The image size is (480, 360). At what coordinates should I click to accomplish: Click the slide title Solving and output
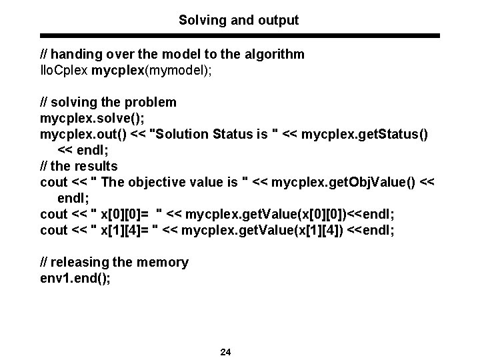pyautogui.click(x=239, y=21)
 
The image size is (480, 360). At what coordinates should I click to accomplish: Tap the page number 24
pyautogui.click(x=225, y=352)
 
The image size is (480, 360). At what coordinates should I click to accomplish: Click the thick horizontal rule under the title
pyautogui.click(x=240, y=35)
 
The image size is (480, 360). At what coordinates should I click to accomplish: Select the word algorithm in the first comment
pyautogui.click(x=276, y=54)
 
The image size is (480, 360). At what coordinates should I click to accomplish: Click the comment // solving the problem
pyautogui.click(x=109, y=102)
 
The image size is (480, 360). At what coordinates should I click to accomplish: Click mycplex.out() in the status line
pyautogui.click(x=83, y=134)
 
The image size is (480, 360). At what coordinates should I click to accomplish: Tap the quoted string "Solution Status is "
pyautogui.click(x=211, y=134)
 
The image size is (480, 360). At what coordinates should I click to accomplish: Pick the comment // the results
pyautogui.click(x=79, y=166)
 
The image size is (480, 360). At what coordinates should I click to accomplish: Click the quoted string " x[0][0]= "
pyautogui.click(x=129, y=214)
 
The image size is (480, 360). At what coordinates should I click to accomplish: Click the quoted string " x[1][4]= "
pyautogui.click(x=127, y=230)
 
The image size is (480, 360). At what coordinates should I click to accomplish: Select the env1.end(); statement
pyautogui.click(x=75, y=278)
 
